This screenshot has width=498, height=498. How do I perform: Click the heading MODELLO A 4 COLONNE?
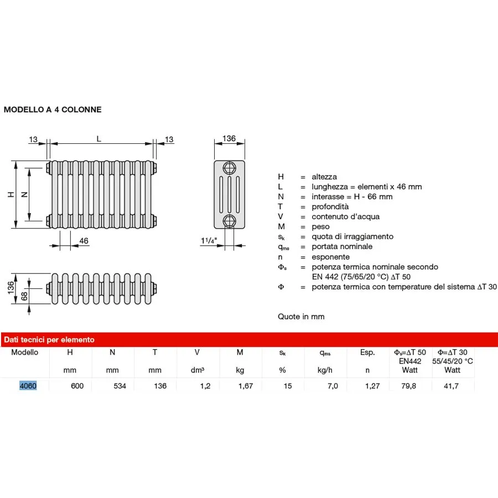(53, 110)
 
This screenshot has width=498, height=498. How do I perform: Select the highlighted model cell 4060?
(28, 386)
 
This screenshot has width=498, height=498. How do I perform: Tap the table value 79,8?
(409, 386)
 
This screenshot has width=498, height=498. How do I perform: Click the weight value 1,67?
(245, 386)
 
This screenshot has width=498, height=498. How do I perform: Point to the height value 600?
(77, 386)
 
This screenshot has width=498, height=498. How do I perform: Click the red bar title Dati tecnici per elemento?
(49, 340)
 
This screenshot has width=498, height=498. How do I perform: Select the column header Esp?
(367, 352)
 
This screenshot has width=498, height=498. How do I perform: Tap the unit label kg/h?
(325, 370)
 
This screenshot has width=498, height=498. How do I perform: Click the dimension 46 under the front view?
(84, 241)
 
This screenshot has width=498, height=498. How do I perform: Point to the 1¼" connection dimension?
(209, 241)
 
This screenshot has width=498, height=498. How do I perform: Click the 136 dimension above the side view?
(229, 138)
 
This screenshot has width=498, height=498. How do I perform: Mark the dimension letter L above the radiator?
(99, 139)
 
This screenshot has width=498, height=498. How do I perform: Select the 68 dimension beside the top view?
(24, 297)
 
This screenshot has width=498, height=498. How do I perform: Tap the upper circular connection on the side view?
(229, 168)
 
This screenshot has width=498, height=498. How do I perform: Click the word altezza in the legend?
(324, 177)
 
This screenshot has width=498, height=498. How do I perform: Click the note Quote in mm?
(301, 317)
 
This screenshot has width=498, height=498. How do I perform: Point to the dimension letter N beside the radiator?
(24, 194)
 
